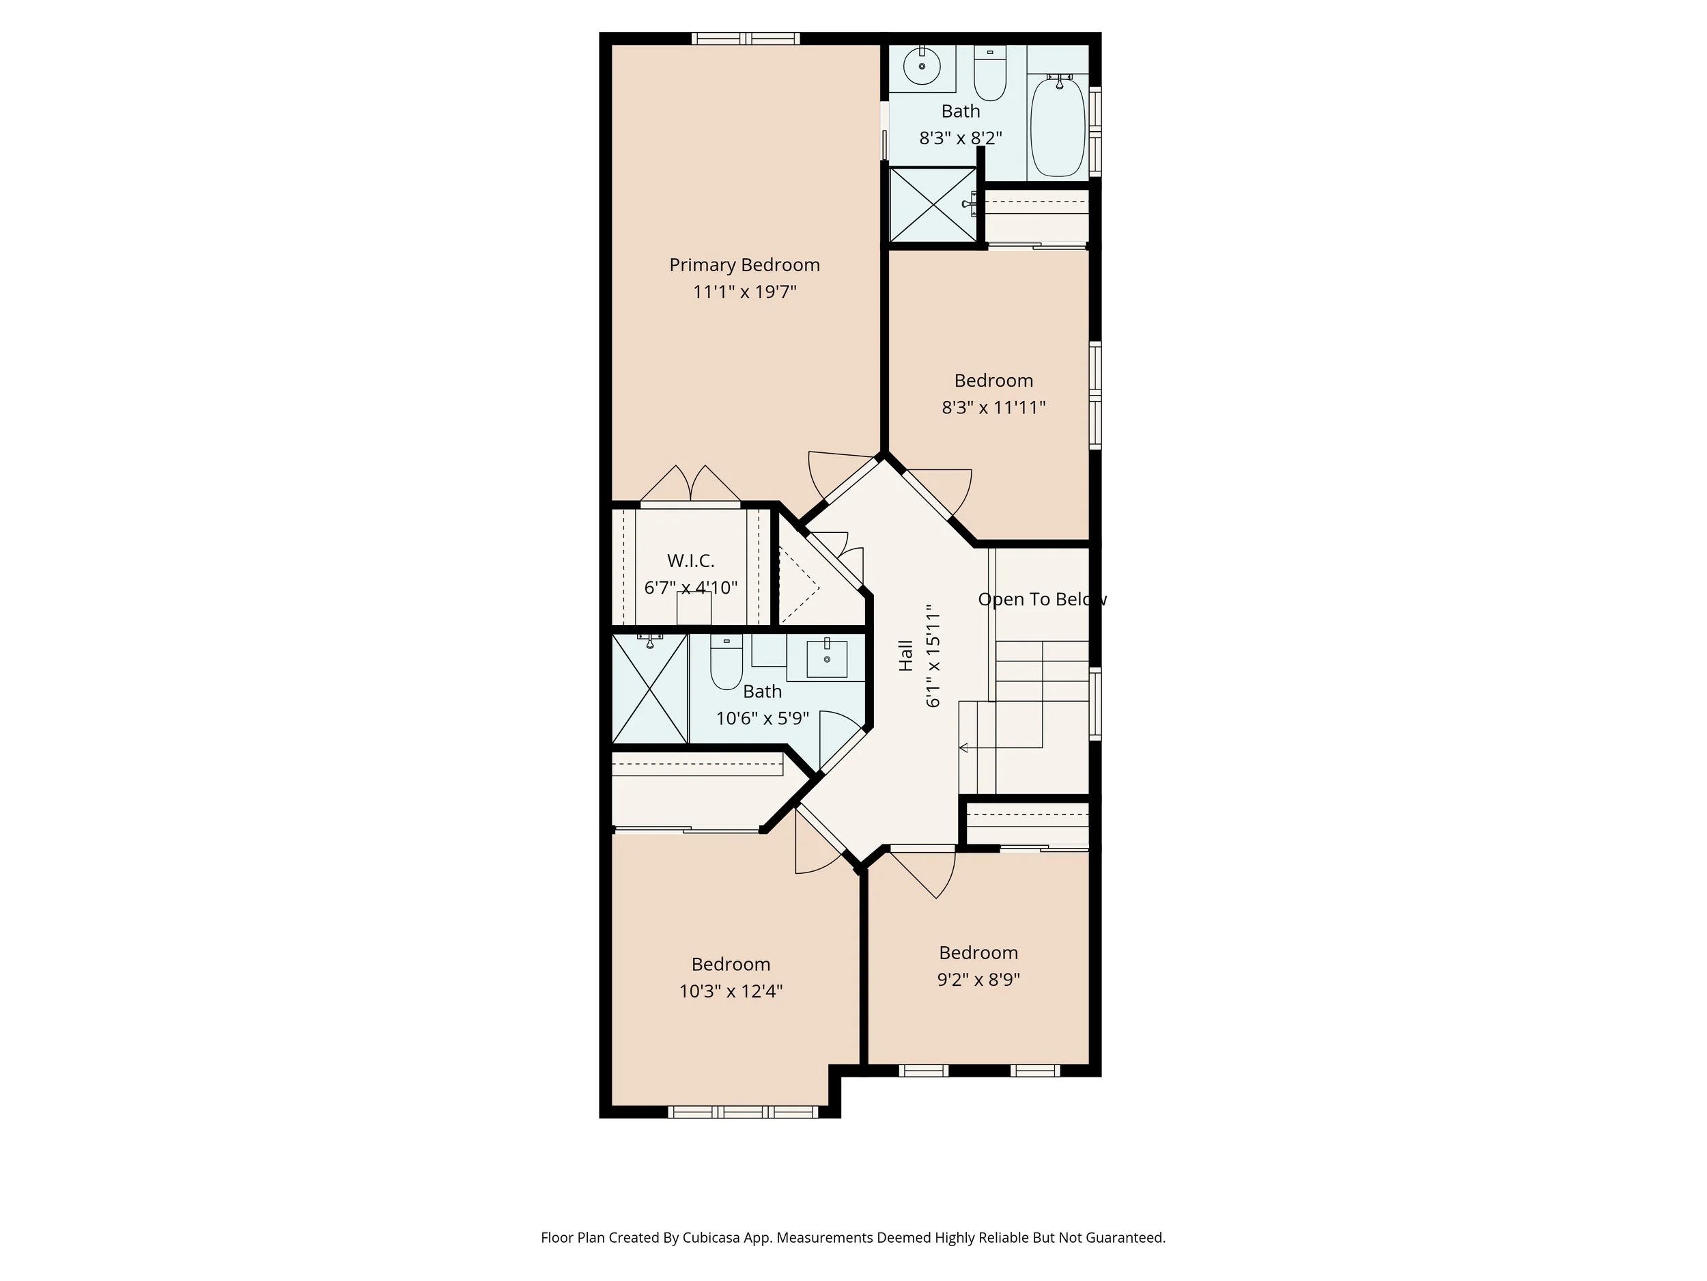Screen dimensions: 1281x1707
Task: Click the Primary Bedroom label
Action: point(744,265)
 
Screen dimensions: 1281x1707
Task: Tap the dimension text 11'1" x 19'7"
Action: point(744,292)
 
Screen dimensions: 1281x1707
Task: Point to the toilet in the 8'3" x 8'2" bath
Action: point(989,75)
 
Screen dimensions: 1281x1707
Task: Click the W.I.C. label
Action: point(691,561)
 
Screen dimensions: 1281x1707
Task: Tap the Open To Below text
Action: point(1042,599)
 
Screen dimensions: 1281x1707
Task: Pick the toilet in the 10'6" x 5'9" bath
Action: point(726,663)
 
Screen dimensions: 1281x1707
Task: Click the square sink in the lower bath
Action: point(826,659)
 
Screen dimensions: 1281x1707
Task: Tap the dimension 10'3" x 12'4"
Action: point(730,991)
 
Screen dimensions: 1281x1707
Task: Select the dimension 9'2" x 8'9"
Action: point(978,979)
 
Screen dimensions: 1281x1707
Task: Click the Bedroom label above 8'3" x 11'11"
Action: point(993,381)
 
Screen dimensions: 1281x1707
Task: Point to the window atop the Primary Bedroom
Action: point(745,39)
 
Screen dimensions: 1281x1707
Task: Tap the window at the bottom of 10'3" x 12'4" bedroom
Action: point(742,1112)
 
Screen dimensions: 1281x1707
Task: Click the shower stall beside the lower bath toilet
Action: point(649,689)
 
